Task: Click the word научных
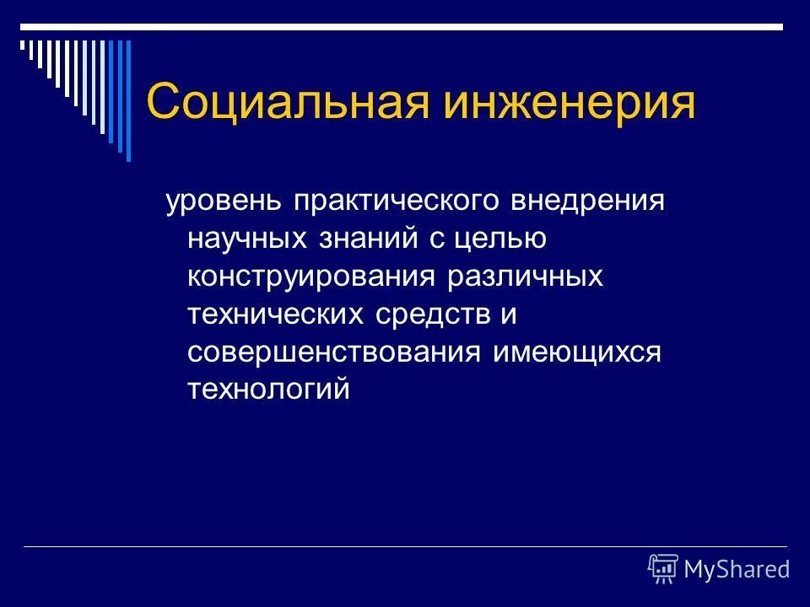(246, 240)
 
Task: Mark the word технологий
(267, 389)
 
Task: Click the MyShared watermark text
(736, 570)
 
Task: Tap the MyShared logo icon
(663, 569)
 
